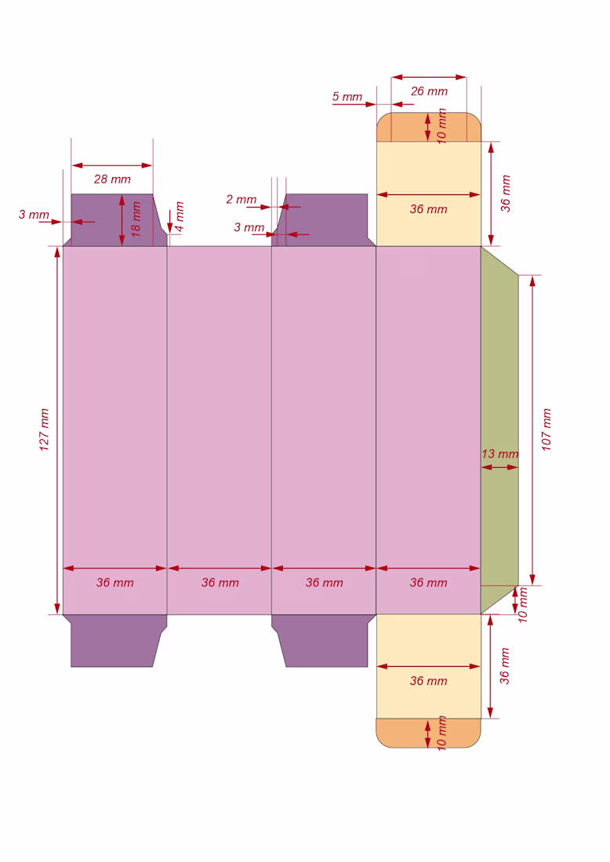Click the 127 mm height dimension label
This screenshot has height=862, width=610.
tap(45, 429)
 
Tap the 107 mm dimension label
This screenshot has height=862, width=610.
tap(546, 429)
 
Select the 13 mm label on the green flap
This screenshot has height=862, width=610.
tap(500, 454)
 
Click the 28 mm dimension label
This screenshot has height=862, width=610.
tap(112, 179)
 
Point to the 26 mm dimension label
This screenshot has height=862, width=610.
tap(429, 91)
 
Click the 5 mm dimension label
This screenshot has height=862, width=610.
tap(347, 96)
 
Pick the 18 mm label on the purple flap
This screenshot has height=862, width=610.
tap(136, 219)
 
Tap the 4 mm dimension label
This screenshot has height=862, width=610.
tap(180, 216)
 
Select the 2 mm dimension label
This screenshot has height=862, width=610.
tap(241, 199)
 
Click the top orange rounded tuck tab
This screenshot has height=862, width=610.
tap(428, 127)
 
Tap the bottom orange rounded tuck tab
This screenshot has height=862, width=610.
tap(428, 733)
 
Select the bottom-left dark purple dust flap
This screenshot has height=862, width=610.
tap(114, 640)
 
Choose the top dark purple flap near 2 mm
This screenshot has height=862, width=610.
tap(324, 220)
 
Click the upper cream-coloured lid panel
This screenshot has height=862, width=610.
tap(428, 194)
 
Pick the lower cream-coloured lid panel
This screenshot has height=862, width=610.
tap(428, 666)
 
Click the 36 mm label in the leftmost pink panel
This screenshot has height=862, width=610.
tap(115, 583)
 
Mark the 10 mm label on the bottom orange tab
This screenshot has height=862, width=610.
tap(441, 733)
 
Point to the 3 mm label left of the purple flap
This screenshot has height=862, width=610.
tap(34, 215)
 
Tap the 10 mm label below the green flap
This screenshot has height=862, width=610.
tap(522, 605)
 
